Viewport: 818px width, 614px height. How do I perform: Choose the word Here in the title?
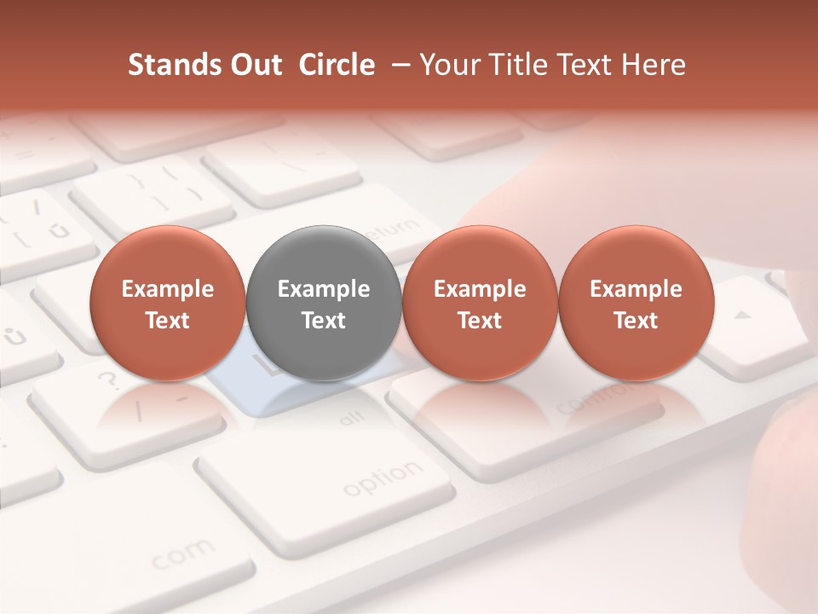click(x=654, y=65)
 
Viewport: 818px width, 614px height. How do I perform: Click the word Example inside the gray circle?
click(x=324, y=289)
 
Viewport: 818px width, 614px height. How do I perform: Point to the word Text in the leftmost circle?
click(x=168, y=321)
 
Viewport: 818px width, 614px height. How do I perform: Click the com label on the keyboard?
click(x=182, y=554)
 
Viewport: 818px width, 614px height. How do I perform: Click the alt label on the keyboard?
click(x=349, y=419)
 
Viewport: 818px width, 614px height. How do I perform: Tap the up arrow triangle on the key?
click(x=743, y=316)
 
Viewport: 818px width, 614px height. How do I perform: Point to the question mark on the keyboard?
click(x=108, y=378)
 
